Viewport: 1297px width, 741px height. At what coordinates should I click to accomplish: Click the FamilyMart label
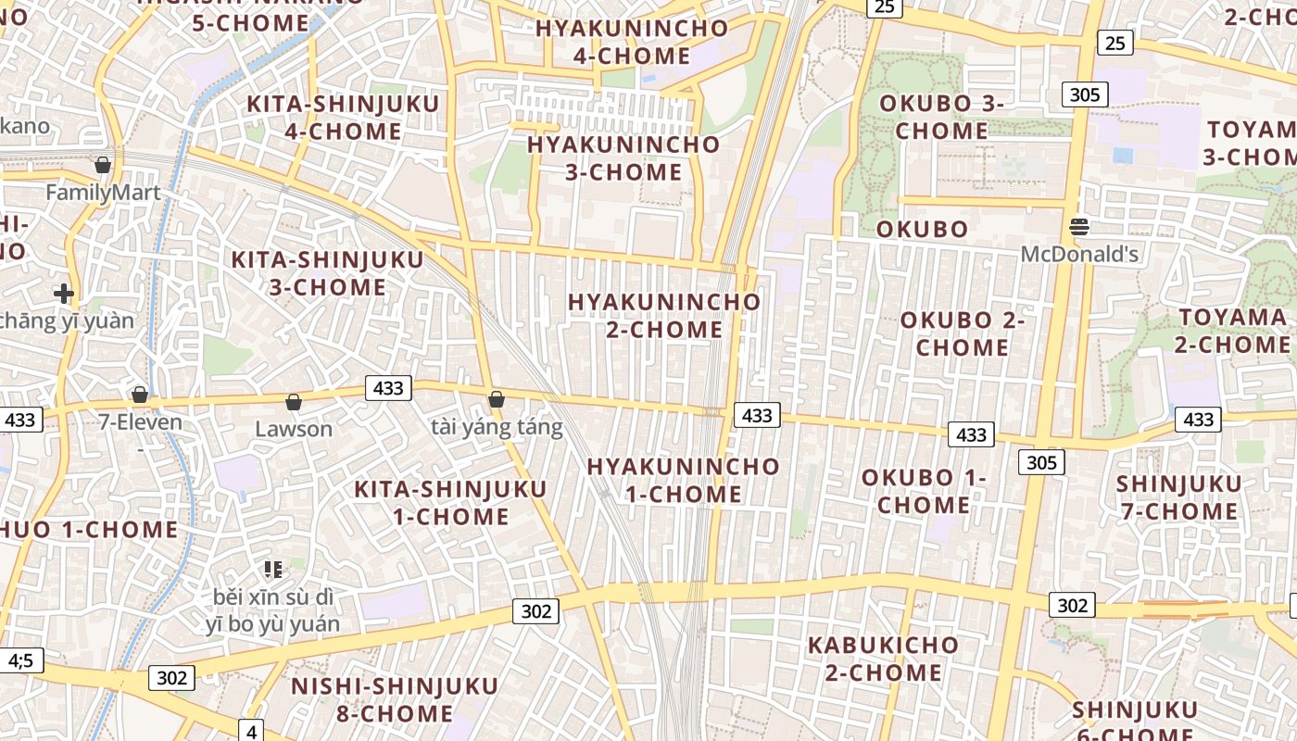[103, 193]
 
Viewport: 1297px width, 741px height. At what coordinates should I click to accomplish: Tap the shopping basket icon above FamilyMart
[103, 165]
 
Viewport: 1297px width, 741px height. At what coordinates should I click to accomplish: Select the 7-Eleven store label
[141, 422]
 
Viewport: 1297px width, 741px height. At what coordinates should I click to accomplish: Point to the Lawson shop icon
[294, 402]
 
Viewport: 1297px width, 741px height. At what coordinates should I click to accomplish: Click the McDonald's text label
[1079, 253]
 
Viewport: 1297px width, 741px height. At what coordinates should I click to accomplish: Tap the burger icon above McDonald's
[1078, 226]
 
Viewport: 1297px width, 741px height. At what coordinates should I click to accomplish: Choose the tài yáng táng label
[497, 427]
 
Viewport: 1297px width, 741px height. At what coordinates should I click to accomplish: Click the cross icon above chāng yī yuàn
[63, 295]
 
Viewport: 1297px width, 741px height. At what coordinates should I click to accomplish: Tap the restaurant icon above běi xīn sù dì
[272, 569]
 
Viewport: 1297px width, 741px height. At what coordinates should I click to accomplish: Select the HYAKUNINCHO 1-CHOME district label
[683, 480]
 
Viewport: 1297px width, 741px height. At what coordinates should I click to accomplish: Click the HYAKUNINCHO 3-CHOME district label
[623, 158]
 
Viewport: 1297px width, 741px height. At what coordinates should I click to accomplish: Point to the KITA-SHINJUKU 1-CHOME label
[450, 502]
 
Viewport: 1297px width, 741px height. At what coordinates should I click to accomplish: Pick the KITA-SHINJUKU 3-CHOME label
[327, 273]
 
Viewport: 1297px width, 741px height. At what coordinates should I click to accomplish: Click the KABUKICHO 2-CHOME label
[883, 658]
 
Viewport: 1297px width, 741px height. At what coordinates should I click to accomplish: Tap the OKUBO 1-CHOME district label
[924, 491]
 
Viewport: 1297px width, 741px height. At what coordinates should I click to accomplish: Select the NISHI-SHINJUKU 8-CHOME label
[395, 699]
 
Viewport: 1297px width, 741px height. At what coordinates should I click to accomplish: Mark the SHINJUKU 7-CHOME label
[1178, 497]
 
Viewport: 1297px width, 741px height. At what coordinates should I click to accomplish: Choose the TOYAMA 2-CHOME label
[1232, 331]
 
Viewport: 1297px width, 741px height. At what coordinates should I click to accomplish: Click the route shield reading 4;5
[20, 660]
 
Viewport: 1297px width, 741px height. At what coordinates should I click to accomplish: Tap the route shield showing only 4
[252, 732]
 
